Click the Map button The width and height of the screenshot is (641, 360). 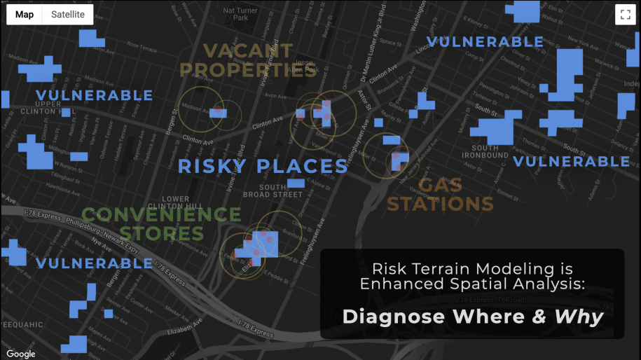(x=25, y=14)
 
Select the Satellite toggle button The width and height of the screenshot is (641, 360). (x=68, y=14)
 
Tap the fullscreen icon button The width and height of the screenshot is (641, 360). (x=625, y=15)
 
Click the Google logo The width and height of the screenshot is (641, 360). (x=21, y=354)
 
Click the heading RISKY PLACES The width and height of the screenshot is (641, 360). (x=263, y=167)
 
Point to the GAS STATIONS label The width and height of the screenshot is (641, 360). (x=441, y=195)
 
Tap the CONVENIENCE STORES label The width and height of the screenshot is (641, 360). (x=161, y=223)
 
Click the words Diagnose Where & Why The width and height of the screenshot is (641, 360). (x=473, y=317)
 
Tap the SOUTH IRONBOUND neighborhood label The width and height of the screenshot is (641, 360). (x=485, y=151)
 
